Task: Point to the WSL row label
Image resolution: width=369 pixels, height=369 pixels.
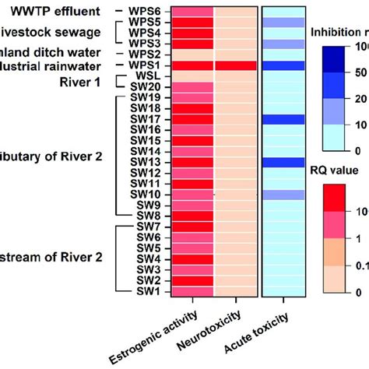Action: point(149,76)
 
